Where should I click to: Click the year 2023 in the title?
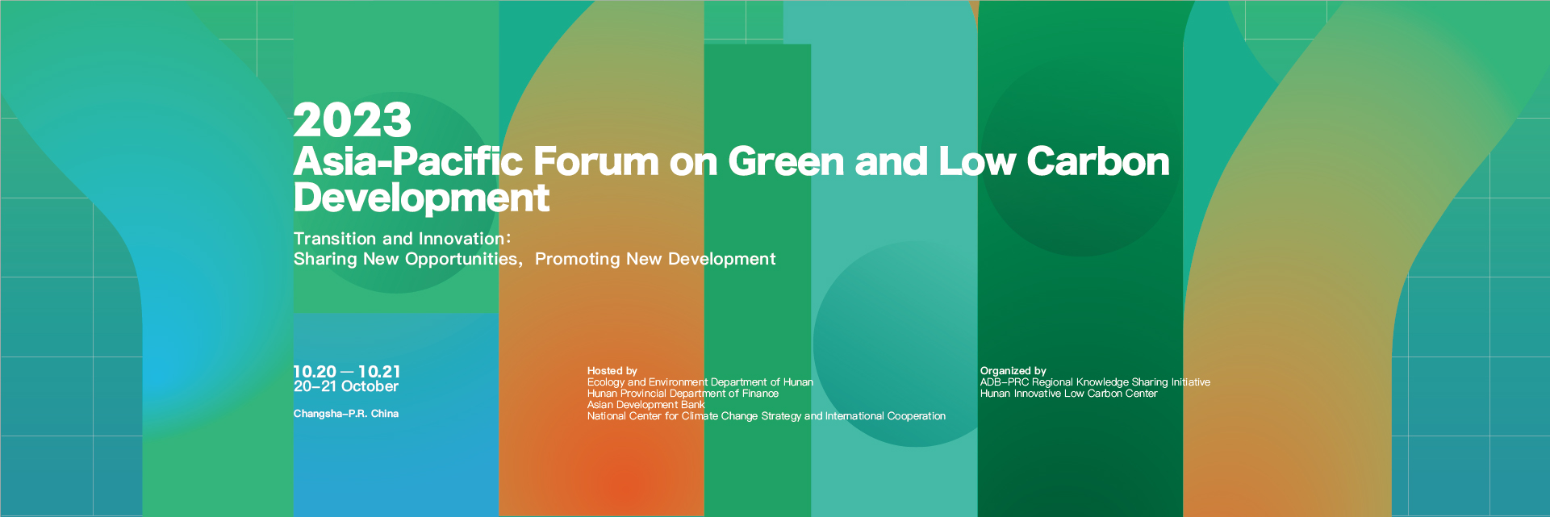click(353, 121)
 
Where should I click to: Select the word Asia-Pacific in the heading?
click(408, 161)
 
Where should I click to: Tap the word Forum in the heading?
click(596, 161)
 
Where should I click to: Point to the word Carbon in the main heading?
click(1097, 161)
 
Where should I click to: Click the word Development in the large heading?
click(421, 198)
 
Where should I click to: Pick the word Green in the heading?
click(787, 161)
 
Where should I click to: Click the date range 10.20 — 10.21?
click(347, 372)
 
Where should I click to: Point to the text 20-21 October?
click(346, 386)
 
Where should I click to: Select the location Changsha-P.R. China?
click(346, 414)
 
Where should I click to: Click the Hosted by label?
click(612, 371)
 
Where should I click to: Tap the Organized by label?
click(1013, 371)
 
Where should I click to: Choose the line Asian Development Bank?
click(646, 405)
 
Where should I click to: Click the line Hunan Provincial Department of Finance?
click(683, 394)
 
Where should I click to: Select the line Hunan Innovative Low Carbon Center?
click(1069, 394)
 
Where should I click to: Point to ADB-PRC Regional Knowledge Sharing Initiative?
click(1096, 382)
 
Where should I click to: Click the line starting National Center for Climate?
click(767, 416)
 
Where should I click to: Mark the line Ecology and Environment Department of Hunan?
click(700, 382)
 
